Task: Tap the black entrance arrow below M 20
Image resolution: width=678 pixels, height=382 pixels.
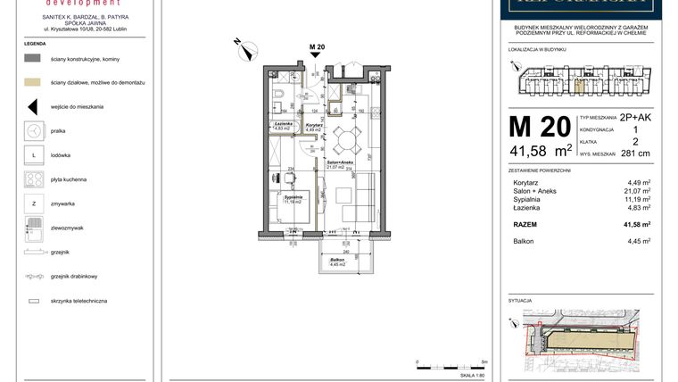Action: pos(315,55)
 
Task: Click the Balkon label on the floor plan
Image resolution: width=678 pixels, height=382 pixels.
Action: pos(337,261)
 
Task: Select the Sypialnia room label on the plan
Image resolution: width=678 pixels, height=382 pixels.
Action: pos(294,197)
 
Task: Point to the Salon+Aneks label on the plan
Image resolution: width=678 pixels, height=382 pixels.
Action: pos(336,162)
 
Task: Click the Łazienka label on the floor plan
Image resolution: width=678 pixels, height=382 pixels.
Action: pos(284,124)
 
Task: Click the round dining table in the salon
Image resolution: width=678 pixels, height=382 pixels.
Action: pos(347,137)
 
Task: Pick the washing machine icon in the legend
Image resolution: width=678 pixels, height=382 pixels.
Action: pos(33,130)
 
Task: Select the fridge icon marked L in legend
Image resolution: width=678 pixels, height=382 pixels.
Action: pos(33,154)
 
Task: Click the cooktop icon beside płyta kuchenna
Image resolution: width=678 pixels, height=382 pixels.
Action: pos(33,179)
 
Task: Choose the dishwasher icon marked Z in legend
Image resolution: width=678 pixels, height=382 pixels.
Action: pos(33,204)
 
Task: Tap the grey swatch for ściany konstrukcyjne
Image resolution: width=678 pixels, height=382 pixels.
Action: pos(33,58)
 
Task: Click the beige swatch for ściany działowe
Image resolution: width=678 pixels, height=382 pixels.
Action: pos(33,82)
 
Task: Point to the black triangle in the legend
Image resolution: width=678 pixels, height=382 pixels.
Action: pos(33,106)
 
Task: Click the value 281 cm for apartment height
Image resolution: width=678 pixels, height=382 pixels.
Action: pos(635,153)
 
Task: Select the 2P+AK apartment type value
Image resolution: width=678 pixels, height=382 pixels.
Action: pos(636,117)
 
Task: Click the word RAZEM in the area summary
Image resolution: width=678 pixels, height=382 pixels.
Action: pos(526,225)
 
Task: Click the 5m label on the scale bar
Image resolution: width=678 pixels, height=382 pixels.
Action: pos(483,361)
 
